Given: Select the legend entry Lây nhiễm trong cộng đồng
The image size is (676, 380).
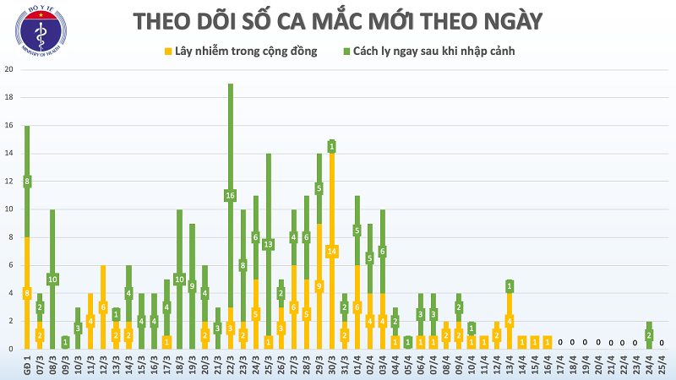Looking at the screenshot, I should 245,52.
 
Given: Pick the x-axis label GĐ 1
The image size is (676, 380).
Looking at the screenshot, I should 27,366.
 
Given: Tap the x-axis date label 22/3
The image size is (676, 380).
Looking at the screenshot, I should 230,366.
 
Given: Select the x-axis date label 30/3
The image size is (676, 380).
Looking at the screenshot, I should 332,366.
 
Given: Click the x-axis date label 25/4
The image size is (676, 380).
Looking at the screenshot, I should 662,366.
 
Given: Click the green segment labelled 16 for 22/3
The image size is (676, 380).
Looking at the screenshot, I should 230,196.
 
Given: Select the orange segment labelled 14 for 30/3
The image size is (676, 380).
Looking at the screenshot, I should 332,251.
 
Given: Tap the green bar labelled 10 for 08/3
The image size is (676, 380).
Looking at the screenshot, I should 52,279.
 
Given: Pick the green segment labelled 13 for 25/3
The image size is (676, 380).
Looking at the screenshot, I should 268,245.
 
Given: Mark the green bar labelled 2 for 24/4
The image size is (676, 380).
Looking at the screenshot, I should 649,335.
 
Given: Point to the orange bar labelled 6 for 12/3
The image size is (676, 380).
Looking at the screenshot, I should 103,307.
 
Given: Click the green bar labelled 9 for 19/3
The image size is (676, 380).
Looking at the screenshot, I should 192,286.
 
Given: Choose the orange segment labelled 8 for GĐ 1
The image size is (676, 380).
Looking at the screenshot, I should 27,293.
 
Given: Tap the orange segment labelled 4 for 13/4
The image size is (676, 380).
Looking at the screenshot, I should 510,321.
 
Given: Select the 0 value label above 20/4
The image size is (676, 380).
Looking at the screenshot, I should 598,343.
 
